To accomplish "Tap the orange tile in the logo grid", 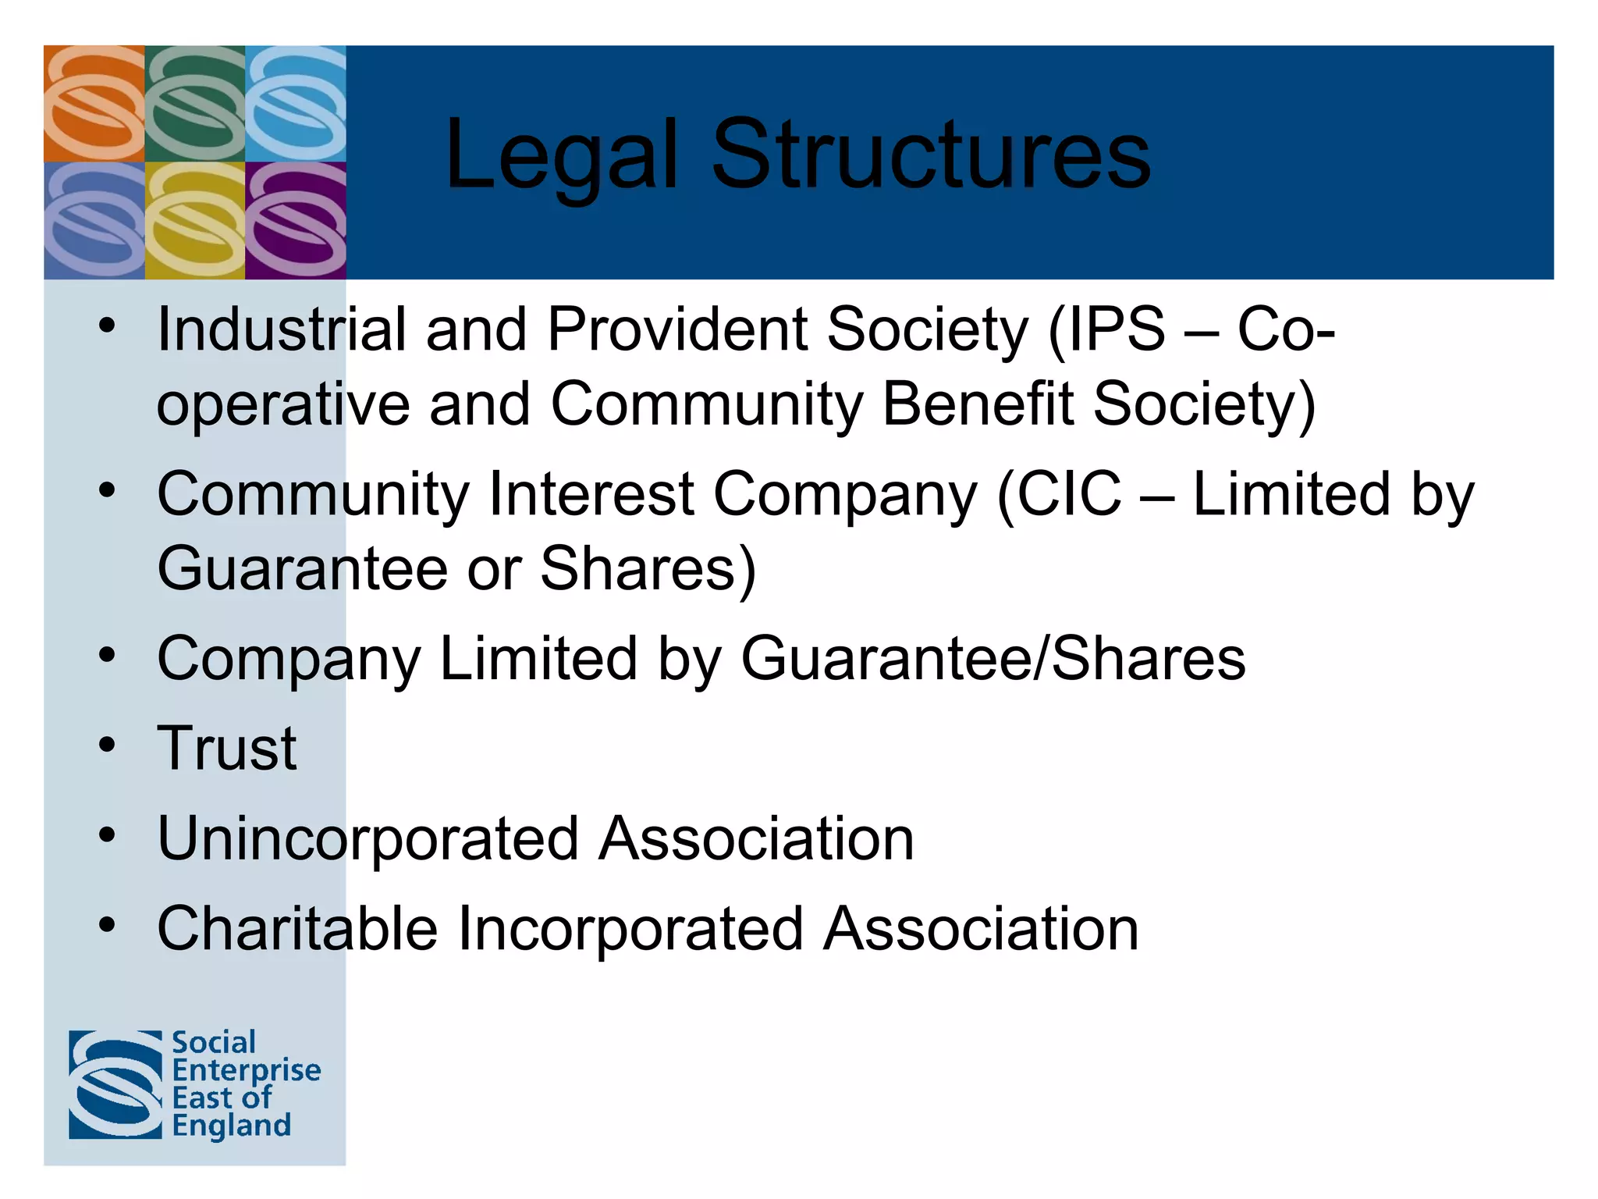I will tap(94, 104).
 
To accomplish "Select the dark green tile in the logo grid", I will tap(195, 104).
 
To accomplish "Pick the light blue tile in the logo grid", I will tap(296, 104).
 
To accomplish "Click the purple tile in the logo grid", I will tap(296, 221).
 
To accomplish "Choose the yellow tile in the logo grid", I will tap(195, 221).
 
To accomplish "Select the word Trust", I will tap(227, 749).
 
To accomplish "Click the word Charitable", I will tap(297, 929).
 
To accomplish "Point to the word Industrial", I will tap(282, 329).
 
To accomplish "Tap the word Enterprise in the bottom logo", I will tap(246, 1070).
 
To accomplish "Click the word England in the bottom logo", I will tap(231, 1126).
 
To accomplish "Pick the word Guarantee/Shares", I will tap(993, 659).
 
